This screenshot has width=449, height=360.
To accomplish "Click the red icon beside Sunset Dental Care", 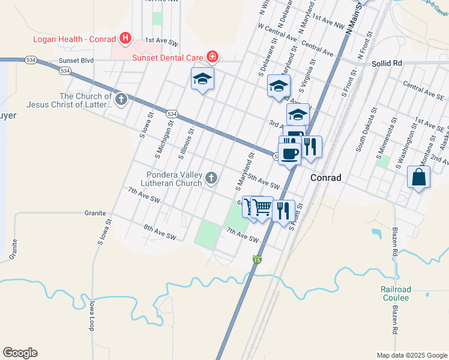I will pyautogui.click(x=212, y=58).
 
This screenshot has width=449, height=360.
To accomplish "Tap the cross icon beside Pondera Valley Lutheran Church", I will pyautogui.click(x=211, y=178).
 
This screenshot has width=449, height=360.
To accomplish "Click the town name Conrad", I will pyautogui.click(x=326, y=178).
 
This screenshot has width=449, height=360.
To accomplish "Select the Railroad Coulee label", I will pyautogui.click(x=394, y=293).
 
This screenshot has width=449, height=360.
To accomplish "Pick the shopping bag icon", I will pyautogui.click(x=418, y=178).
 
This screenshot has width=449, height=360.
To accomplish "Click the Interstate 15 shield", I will pyautogui.click(x=257, y=260).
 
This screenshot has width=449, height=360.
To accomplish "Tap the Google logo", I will pyautogui.click(x=20, y=353).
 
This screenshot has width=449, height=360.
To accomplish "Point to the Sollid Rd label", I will pyautogui.click(x=387, y=63).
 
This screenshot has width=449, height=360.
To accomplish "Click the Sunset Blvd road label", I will pyautogui.click(x=76, y=61).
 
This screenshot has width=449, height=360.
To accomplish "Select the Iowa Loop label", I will pyautogui.click(x=91, y=314).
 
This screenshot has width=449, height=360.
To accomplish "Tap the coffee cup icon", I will pyautogui.click(x=290, y=153).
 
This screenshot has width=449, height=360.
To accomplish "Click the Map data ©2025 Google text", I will pyautogui.click(x=411, y=355).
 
